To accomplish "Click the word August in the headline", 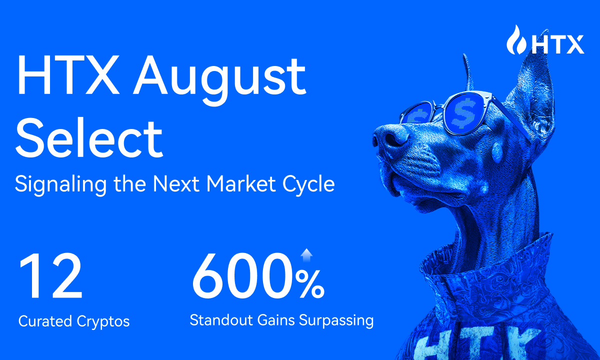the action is (x=219, y=79).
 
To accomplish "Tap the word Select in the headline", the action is (x=89, y=137).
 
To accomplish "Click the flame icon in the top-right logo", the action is (x=516, y=39).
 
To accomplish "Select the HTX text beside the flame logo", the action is (x=557, y=44).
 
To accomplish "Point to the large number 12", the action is (x=51, y=276).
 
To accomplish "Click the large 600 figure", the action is (x=243, y=276).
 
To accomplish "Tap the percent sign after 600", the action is (x=310, y=284).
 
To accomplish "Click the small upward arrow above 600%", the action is (x=306, y=255).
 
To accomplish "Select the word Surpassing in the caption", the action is (x=336, y=320).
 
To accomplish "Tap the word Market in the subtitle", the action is (x=241, y=184).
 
